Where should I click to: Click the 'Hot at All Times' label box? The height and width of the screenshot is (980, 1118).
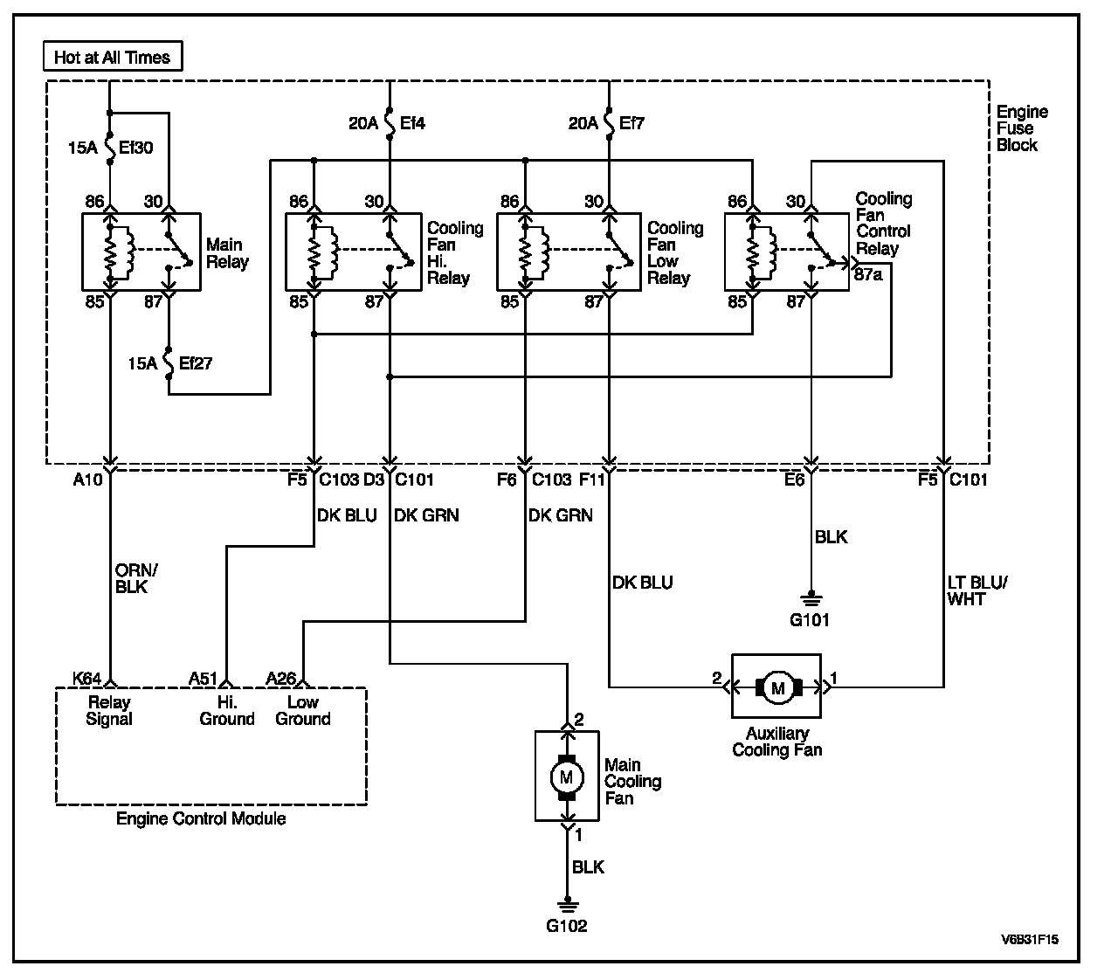coord(113,56)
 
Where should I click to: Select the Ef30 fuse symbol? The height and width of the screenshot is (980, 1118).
coord(110,148)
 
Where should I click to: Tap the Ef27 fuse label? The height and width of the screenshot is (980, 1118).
coord(196,363)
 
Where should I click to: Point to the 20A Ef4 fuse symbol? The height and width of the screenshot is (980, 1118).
coord(390,122)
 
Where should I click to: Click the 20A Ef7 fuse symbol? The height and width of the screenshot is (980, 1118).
coord(609,122)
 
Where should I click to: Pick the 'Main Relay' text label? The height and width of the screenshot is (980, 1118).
coord(227,253)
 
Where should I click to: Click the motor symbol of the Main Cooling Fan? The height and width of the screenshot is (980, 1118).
coord(567,777)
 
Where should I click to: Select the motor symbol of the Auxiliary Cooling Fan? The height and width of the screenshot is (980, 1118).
coord(777,687)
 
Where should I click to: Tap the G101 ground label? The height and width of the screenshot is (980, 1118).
coord(810,619)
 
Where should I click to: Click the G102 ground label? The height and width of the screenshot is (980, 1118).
coord(567,925)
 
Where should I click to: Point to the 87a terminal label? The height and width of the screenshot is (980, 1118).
coord(868,274)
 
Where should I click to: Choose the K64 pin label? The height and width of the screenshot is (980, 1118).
coord(87,678)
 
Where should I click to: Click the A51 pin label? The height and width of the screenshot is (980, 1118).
coord(203,678)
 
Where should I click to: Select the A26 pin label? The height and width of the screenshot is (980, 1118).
coord(281,678)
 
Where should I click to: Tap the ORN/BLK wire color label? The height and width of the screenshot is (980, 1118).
coord(136,578)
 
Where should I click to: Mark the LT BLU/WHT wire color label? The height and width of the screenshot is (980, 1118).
coord(977,590)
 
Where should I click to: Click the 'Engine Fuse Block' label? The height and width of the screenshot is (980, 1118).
coord(1022,128)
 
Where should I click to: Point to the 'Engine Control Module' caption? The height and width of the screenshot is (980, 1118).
coord(201,818)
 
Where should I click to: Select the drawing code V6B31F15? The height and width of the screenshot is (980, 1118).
coord(1030,939)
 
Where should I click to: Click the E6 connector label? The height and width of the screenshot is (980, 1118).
coord(794,480)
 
